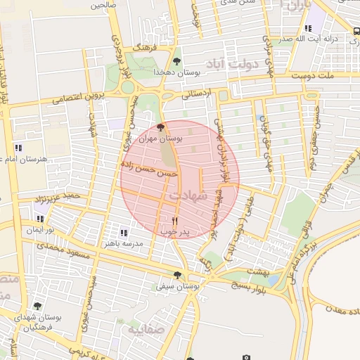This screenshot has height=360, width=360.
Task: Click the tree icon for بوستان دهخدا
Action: pos(176,62)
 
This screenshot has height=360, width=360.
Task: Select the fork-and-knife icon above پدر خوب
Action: pos(175,221)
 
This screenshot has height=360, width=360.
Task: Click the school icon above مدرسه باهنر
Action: pos(124,233)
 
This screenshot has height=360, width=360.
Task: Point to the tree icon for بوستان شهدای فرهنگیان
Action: pos(37,307)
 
